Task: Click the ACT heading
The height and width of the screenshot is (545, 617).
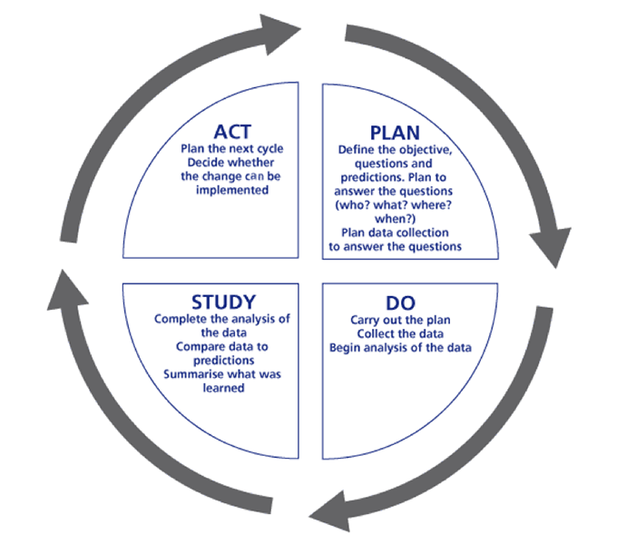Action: [232, 132]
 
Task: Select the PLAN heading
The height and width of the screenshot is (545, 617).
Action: [395, 134]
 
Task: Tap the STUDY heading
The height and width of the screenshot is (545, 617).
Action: [223, 302]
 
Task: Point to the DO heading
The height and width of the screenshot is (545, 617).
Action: [400, 303]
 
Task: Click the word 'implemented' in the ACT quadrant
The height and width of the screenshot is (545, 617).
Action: [232, 190]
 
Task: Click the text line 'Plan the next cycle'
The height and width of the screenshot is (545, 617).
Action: [231, 149]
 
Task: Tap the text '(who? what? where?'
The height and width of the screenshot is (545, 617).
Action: [393, 205]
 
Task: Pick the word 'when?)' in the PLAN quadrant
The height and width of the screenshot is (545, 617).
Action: [395, 219]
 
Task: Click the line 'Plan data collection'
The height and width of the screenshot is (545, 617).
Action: [395, 233]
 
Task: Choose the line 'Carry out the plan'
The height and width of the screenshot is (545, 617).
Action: [400, 320]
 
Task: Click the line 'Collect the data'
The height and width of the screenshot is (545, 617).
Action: [400, 334]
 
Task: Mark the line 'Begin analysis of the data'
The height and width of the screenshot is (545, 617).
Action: [400, 348]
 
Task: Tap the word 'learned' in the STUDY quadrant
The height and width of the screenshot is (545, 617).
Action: [223, 388]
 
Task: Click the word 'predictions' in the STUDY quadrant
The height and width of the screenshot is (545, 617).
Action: [223, 361]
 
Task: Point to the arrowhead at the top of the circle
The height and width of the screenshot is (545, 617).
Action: [280, 34]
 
